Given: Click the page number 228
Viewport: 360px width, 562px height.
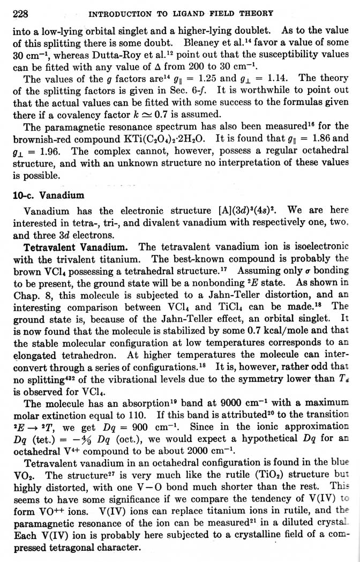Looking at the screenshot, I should (20, 12).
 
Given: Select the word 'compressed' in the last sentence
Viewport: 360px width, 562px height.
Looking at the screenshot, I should (34, 548).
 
